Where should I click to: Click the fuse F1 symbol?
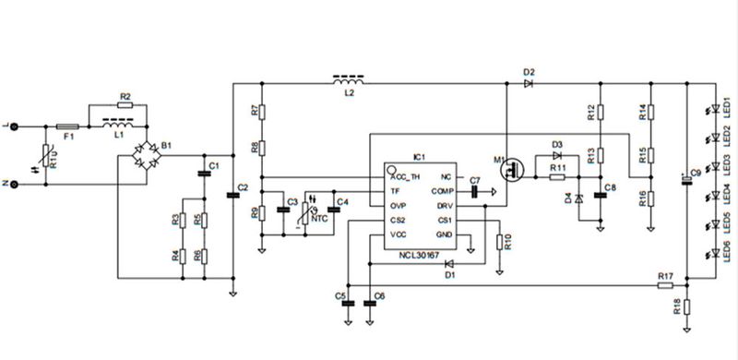coord(67,126)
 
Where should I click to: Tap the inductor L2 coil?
coord(347,83)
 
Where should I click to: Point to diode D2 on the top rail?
coord(528,83)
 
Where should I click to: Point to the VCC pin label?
coord(399,234)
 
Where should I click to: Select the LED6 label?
coord(728,251)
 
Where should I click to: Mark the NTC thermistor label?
coord(316,218)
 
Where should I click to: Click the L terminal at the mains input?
coord(13,126)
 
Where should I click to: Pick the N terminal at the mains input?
coord(13,185)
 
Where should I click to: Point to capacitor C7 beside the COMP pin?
coord(475,192)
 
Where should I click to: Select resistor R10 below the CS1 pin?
coord(499,242)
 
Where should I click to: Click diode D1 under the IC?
coord(449,264)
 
